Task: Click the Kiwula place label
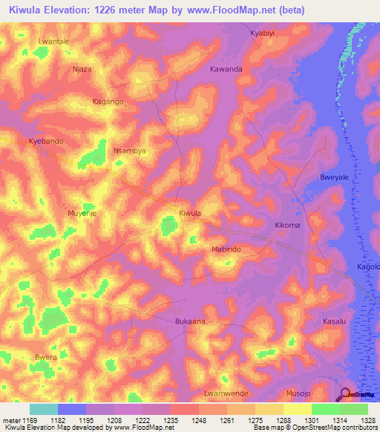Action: (191, 213)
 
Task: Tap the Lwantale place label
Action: (54, 42)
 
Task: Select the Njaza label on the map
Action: (82, 69)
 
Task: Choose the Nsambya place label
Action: (128, 150)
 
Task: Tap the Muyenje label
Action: (82, 212)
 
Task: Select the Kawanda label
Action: (226, 69)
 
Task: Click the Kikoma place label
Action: (287, 224)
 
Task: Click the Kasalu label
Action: (334, 321)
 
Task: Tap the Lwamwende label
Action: (226, 393)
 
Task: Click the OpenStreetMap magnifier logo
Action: (344, 395)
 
